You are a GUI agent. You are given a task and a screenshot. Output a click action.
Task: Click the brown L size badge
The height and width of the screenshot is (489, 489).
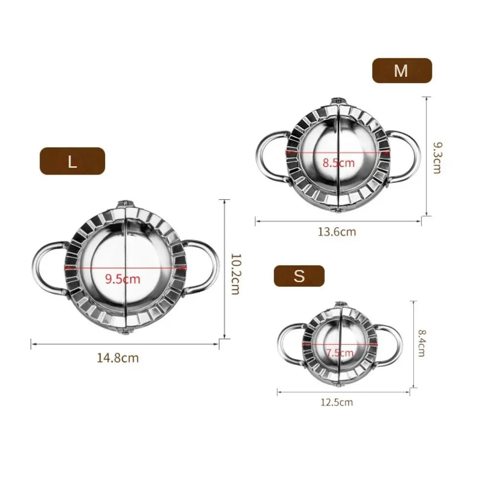[72, 161]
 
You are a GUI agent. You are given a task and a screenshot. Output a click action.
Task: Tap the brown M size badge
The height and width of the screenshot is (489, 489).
[402, 71]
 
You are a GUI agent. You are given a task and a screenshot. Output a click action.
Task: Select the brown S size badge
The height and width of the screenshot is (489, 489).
[299, 276]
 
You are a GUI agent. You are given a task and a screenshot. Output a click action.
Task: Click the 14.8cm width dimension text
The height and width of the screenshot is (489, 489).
[118, 358]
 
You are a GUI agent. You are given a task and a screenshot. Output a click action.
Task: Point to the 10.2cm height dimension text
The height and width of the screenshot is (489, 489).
[235, 273]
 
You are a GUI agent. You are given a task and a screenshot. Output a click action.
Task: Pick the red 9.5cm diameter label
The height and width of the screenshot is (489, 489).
[123, 279]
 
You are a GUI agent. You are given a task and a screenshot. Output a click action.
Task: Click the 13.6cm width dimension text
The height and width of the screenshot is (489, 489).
[337, 232]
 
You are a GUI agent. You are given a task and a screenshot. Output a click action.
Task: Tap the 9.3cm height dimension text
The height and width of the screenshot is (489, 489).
[436, 158]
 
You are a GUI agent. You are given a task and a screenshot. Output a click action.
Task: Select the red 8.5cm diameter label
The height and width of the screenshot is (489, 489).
[338, 163]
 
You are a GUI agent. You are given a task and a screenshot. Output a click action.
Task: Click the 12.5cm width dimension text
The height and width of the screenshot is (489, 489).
[336, 402]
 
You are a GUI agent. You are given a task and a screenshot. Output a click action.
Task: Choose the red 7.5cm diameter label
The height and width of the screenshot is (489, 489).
[339, 353]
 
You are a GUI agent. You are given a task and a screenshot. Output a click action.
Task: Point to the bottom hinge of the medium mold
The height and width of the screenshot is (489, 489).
[337, 211]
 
